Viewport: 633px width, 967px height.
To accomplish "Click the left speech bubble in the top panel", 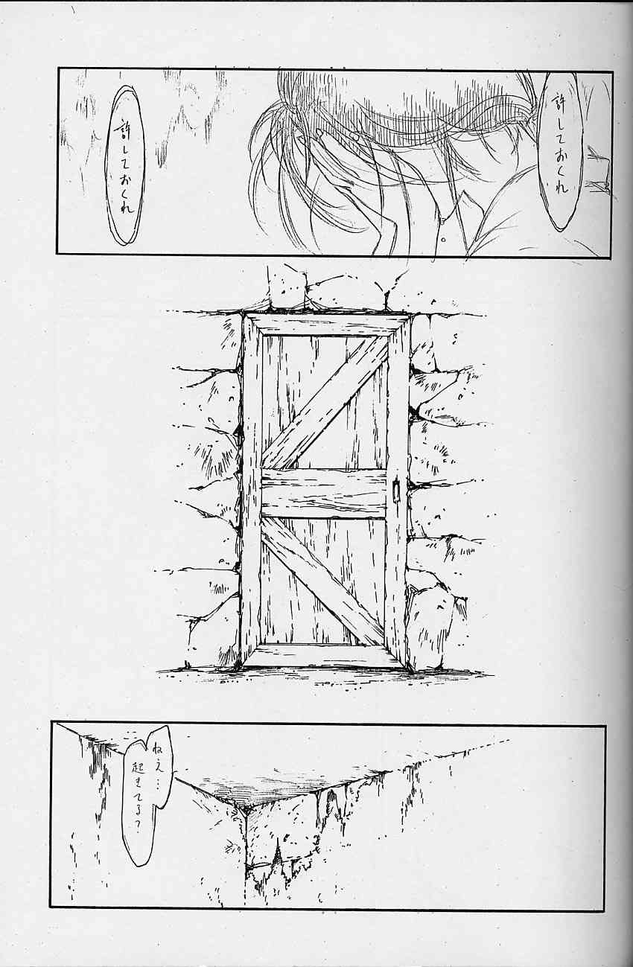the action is (x=125, y=165).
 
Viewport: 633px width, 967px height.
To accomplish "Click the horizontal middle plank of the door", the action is (x=324, y=494).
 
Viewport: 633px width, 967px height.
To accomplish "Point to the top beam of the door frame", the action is (x=326, y=324).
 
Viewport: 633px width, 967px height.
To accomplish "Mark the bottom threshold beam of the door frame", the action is (x=325, y=657).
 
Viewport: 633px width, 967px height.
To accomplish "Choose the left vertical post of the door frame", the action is (x=251, y=491).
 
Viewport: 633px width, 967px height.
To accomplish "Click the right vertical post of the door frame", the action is (x=397, y=491).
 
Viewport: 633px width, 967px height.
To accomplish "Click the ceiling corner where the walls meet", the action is (x=244, y=812).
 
